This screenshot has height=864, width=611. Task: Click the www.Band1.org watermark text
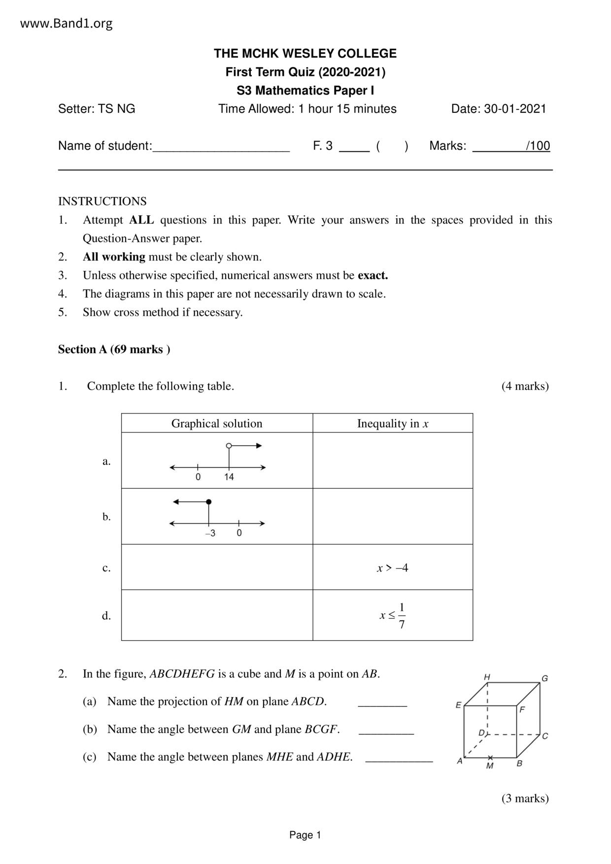[x=67, y=23]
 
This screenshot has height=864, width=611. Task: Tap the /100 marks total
[x=538, y=146]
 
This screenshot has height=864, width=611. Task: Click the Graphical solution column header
[x=217, y=424]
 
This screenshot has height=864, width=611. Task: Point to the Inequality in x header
[x=393, y=424]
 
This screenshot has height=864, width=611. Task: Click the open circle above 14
[x=229, y=446]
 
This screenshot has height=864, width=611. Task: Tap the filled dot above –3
[x=208, y=502]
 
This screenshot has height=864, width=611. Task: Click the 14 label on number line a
[x=229, y=477]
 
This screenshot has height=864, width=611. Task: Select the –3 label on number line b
[x=210, y=533]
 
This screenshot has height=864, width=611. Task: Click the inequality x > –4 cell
[x=393, y=568]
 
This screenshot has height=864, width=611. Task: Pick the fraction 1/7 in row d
[x=402, y=616]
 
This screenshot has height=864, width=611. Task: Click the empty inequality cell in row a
[x=393, y=461]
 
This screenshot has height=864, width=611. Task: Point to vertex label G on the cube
[x=544, y=678]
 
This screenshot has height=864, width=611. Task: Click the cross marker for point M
[x=490, y=757]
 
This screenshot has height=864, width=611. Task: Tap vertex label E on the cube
[x=458, y=705]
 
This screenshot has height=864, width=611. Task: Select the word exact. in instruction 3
[x=373, y=275]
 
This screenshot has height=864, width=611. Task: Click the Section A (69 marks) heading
[x=114, y=349]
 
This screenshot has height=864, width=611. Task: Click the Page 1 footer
[x=305, y=835]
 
